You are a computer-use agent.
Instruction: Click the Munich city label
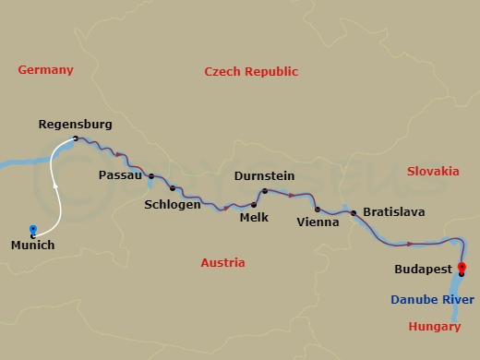pyautogui.click(x=32, y=245)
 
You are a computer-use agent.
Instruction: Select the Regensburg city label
pyautogui.click(x=76, y=124)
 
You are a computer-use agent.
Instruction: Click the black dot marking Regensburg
pyautogui.click(x=76, y=139)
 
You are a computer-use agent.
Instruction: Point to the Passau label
pyautogui.click(x=121, y=174)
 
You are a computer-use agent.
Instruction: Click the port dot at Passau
pyautogui.click(x=150, y=174)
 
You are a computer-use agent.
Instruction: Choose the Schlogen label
pyautogui.click(x=173, y=204)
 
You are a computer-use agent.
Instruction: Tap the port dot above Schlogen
pyautogui.click(x=173, y=188)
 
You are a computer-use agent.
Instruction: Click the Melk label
pyautogui.click(x=254, y=219)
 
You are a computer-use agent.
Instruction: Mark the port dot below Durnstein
pyautogui.click(x=264, y=191)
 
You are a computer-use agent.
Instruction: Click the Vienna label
pyautogui.click(x=317, y=222)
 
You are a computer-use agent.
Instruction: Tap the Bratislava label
pyautogui.click(x=393, y=212)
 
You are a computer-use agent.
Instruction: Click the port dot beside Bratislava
pyautogui.click(x=354, y=213)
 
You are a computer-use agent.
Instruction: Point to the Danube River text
pyautogui.click(x=433, y=300)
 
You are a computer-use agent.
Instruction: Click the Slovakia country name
pyautogui.click(x=432, y=172)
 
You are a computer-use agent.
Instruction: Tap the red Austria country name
pyautogui.click(x=222, y=263)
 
